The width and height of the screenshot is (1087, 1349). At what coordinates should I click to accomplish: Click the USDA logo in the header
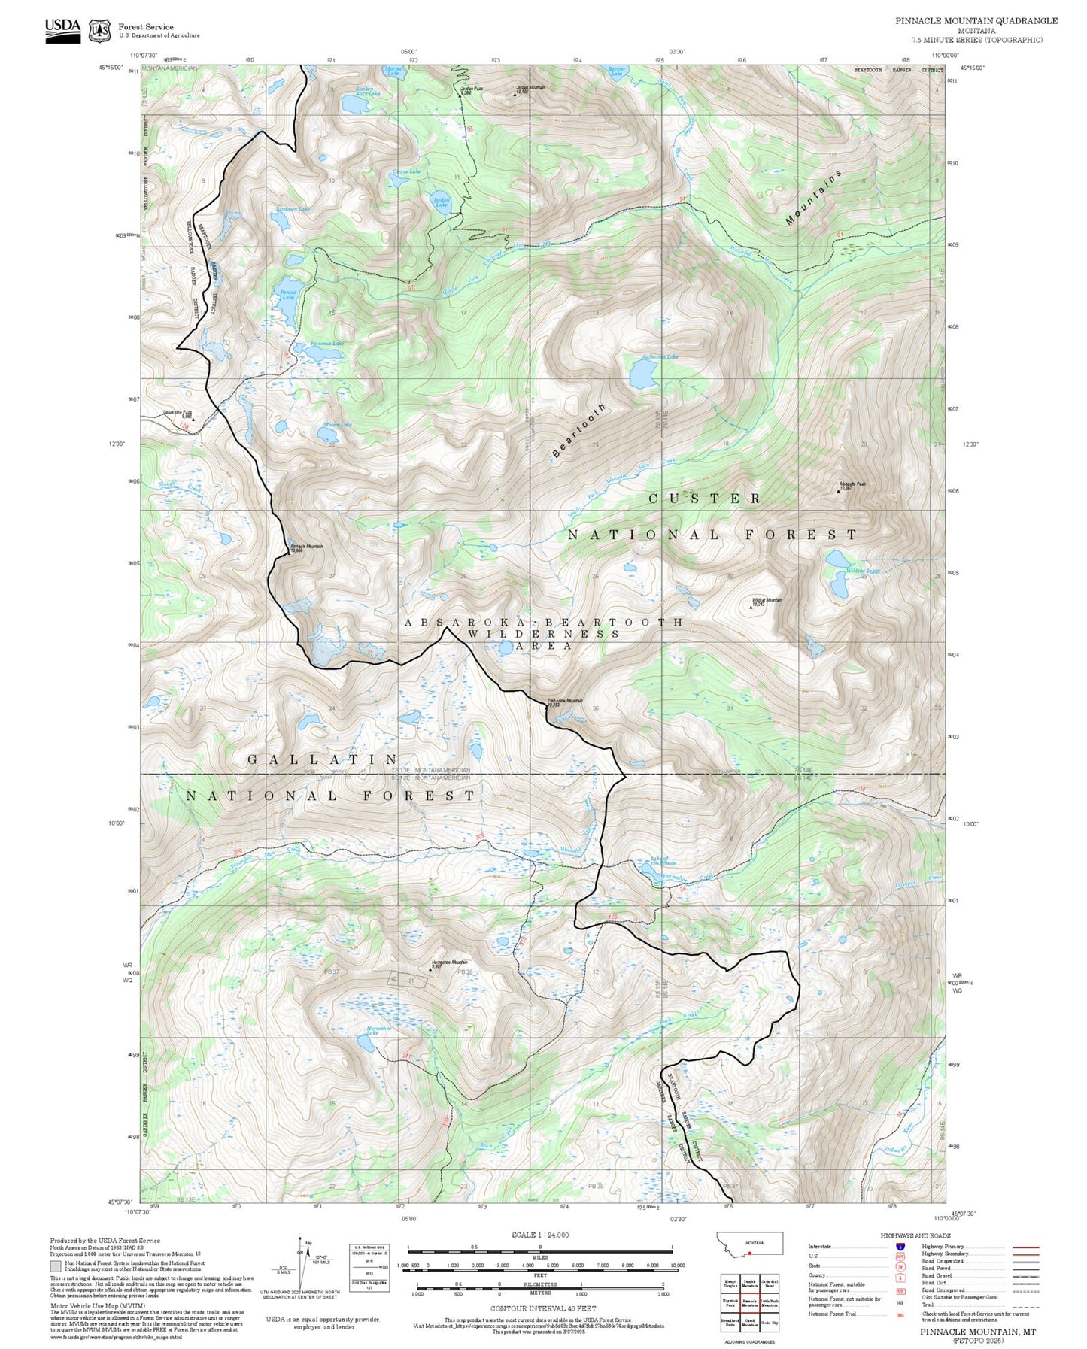[x=62, y=28]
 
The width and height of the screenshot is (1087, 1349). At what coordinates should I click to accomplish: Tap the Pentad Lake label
[x=288, y=294]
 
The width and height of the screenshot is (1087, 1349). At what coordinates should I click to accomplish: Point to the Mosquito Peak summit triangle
[x=839, y=491]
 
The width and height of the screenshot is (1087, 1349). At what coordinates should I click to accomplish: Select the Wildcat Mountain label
[x=767, y=601]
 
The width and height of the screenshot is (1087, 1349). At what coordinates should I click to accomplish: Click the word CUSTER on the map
[x=705, y=499]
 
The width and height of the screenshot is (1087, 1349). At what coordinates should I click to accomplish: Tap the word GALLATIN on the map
[x=323, y=760]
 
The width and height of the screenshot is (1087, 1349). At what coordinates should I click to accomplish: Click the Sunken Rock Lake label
[x=368, y=91]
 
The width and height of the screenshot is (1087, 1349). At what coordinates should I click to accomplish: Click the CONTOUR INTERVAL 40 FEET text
[x=542, y=1309]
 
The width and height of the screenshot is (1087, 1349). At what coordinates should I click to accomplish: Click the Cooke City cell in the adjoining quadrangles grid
[x=770, y=1323]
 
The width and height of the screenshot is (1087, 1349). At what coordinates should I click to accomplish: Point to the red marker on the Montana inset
[x=749, y=1254]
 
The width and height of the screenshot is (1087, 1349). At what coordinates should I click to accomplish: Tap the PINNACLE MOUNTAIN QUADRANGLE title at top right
[x=976, y=21]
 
